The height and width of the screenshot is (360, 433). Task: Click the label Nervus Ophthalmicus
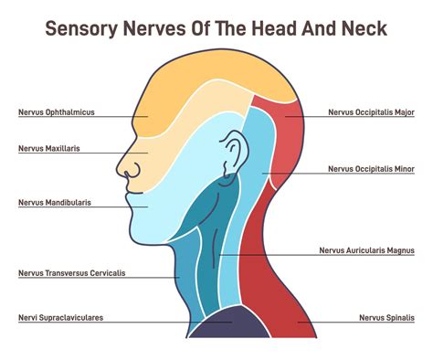point(57,113)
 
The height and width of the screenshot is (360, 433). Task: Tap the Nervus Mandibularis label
point(55,202)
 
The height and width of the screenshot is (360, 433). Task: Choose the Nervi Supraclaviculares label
point(60,318)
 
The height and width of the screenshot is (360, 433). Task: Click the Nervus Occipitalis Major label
point(372,113)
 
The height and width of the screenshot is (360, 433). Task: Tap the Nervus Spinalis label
point(388,318)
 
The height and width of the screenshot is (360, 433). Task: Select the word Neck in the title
point(362,28)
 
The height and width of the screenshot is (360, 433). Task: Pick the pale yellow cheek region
point(169,155)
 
